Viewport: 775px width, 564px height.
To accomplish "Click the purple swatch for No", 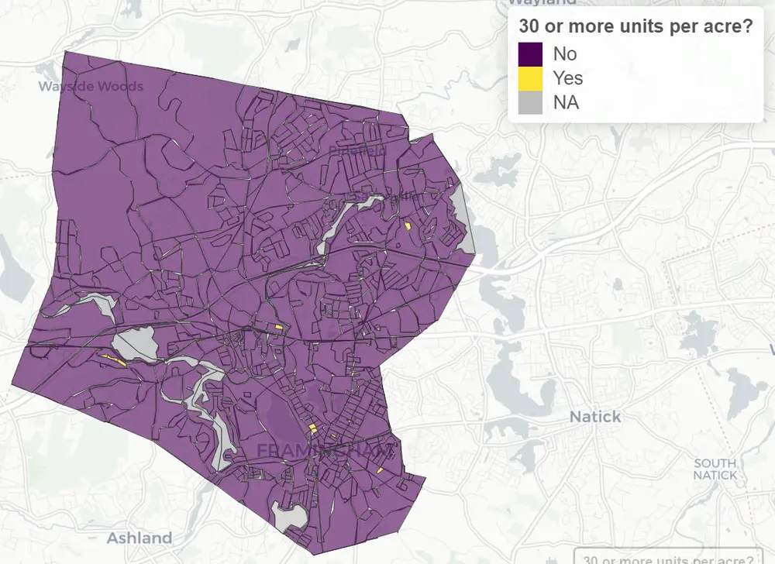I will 530,53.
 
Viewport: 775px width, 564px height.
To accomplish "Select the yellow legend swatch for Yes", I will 530,77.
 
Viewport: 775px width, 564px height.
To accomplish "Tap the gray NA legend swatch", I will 530,101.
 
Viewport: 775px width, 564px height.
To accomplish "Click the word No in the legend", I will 565,53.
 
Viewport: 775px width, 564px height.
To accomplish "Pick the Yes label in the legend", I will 568,77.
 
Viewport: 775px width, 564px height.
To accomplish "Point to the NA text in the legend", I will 567,101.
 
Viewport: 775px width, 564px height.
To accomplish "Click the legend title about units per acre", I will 635,26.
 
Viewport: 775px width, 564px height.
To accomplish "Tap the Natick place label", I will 595,417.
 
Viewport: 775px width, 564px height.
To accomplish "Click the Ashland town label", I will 139,538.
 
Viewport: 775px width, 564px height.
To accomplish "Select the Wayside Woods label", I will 91,85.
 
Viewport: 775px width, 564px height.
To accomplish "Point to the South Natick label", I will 715,469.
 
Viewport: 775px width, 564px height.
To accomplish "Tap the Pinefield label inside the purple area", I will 357,149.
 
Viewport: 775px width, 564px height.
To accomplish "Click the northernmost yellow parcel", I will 408,225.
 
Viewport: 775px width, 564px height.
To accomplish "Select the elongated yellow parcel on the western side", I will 114,359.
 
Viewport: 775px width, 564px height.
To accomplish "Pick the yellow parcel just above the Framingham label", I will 312,428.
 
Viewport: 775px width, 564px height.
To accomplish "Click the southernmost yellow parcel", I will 381,469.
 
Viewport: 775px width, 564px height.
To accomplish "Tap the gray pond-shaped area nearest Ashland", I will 289,514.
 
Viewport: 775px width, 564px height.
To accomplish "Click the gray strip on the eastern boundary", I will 465,221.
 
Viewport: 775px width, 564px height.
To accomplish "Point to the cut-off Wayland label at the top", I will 554,3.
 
